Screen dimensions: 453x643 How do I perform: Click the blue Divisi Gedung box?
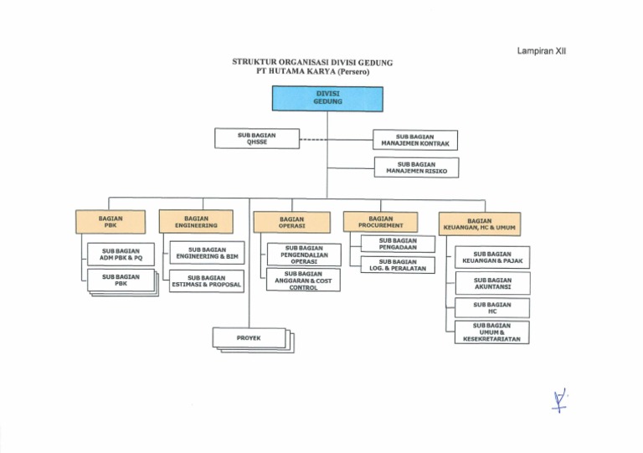[327, 98]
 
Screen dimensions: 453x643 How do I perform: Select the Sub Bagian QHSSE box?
[256, 138]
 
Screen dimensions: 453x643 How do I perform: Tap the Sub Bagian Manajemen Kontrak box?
[415, 140]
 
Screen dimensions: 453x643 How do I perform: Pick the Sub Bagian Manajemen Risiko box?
[416, 167]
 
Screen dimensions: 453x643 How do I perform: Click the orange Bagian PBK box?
[110, 222]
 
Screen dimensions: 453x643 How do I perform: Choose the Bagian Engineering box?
[196, 221]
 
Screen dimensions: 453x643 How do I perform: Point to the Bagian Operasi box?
[291, 222]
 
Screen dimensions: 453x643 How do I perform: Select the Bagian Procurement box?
[380, 222]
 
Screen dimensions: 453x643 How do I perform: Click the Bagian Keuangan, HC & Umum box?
[480, 224]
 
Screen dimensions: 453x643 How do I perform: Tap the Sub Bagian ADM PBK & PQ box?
[121, 255]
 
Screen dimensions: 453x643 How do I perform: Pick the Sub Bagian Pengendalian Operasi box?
[303, 255]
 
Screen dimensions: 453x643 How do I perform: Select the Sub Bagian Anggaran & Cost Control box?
[303, 281]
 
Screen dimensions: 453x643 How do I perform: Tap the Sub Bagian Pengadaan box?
[398, 244]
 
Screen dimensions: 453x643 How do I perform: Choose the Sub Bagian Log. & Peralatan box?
[398, 265]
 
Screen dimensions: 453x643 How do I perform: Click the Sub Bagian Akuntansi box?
[492, 284]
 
